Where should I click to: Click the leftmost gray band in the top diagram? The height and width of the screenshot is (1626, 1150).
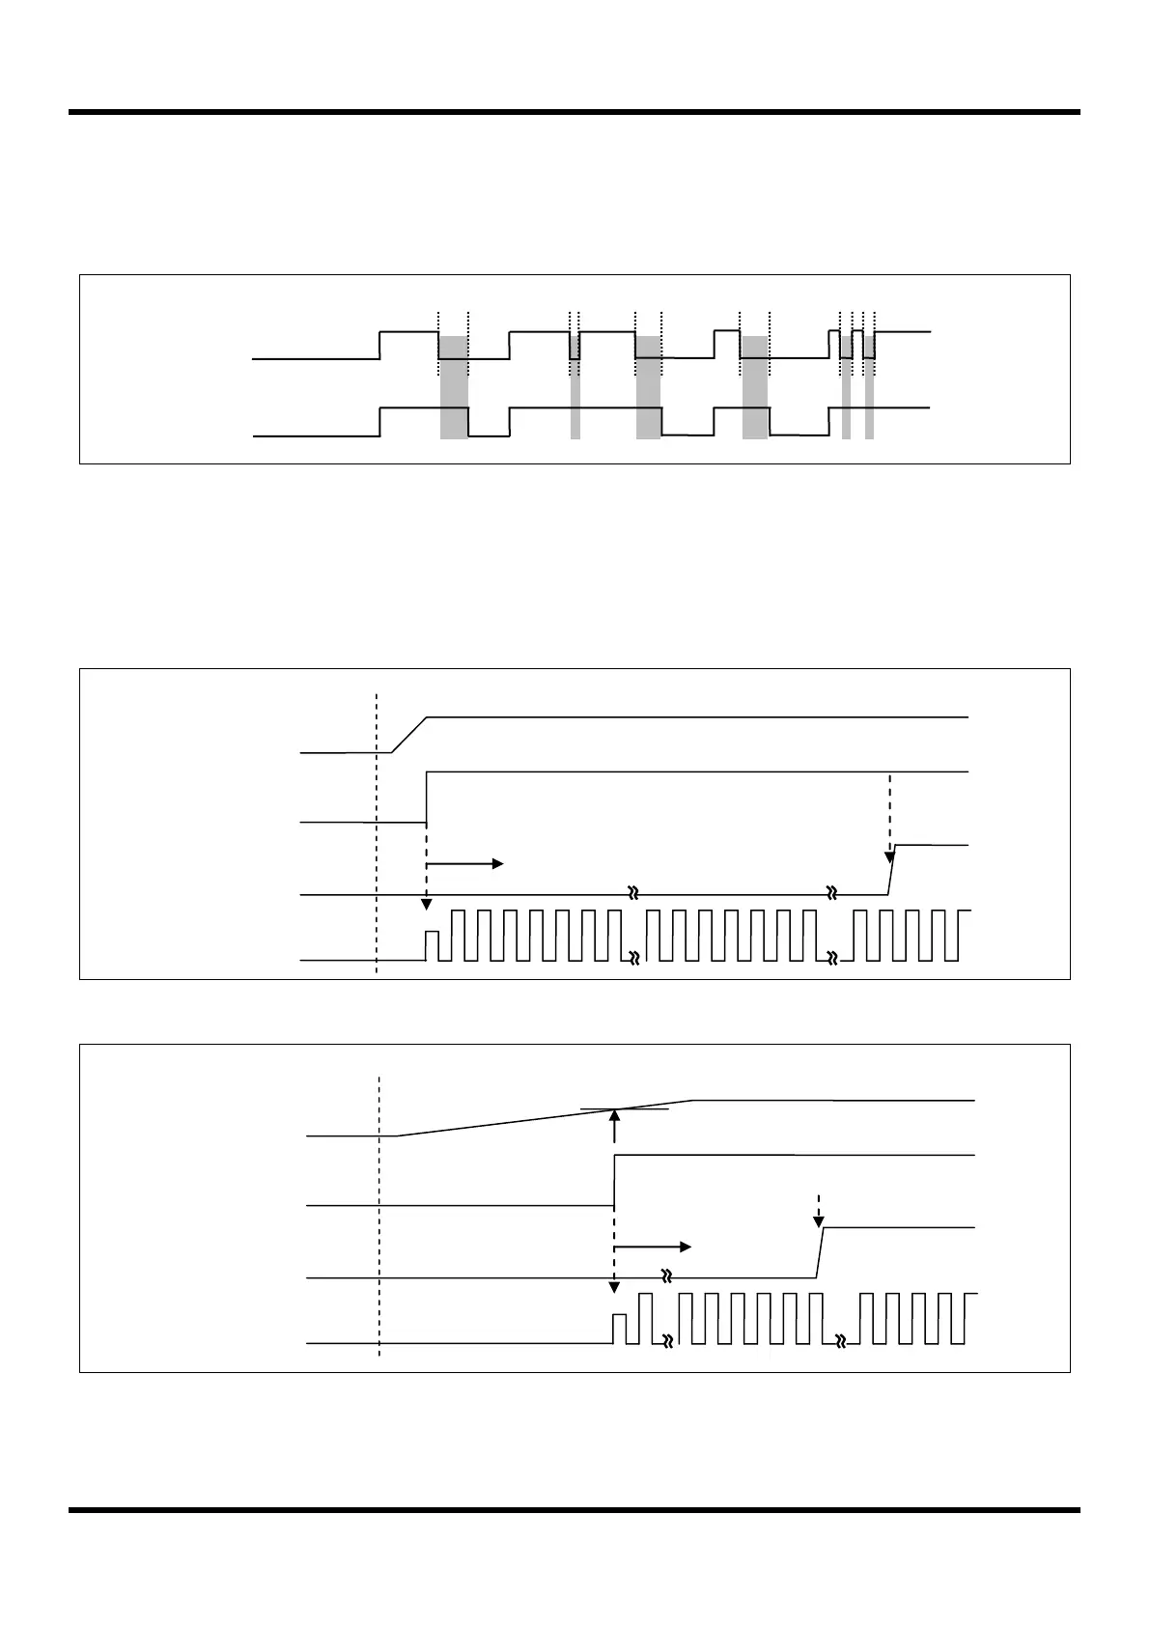(454, 387)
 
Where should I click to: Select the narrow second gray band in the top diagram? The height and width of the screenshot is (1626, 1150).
(575, 387)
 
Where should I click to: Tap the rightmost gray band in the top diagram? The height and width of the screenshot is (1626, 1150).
(869, 387)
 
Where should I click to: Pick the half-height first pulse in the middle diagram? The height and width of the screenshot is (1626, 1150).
(432, 945)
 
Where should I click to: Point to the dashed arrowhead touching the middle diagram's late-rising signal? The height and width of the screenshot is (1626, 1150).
(889, 856)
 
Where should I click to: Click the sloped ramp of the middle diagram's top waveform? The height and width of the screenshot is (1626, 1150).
(409, 735)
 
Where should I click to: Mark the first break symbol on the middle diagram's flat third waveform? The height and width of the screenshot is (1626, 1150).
(634, 894)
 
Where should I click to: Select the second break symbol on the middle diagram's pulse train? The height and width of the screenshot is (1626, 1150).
(832, 959)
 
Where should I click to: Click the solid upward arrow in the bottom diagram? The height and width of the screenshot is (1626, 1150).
(615, 1126)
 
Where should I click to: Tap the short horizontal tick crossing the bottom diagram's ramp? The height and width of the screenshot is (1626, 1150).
(625, 1110)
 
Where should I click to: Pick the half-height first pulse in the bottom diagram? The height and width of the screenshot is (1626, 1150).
(620, 1328)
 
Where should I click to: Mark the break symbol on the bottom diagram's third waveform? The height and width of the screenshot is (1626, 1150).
(666, 1276)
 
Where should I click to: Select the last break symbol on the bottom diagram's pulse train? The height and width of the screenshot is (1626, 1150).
(841, 1342)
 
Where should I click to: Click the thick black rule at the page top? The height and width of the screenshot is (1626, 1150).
(575, 112)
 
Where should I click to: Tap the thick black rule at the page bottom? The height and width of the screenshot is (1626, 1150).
(575, 1509)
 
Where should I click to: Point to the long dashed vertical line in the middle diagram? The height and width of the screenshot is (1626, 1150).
(377, 830)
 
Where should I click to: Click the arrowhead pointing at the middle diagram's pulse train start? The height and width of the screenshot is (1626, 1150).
(426, 904)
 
